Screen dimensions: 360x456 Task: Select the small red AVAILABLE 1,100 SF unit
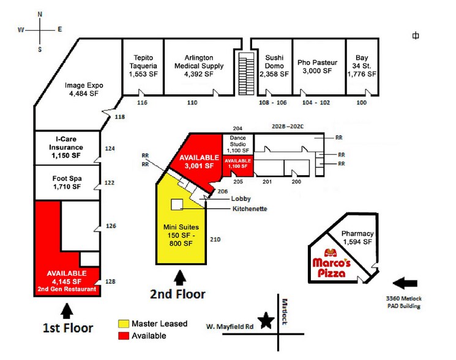[x=237, y=164]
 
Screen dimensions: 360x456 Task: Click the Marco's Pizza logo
[x=337, y=264]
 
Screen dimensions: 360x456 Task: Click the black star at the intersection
[x=266, y=321]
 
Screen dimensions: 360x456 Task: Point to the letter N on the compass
[x=40, y=13]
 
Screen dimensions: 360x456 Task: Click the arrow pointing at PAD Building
[x=405, y=283]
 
